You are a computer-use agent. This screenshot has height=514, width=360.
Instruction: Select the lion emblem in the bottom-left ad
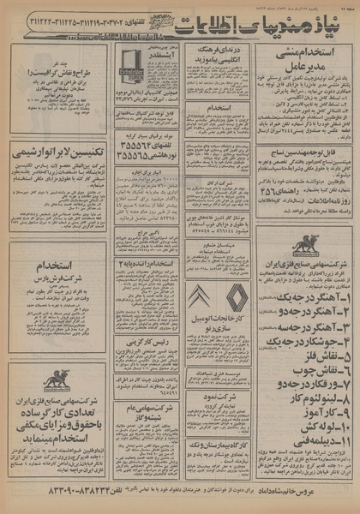point(57,379)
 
